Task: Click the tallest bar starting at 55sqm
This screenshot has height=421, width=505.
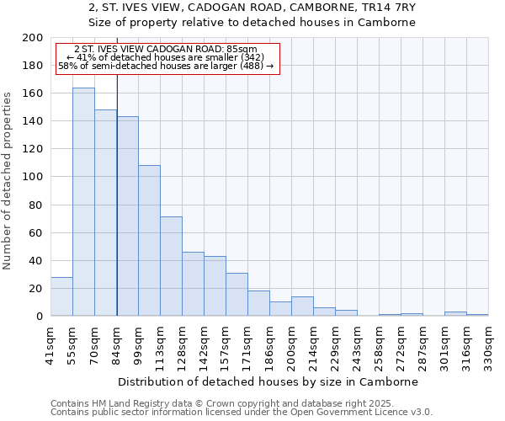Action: (83, 202)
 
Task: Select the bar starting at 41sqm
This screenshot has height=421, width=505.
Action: (61, 296)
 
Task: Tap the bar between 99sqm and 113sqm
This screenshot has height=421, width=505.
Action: (149, 241)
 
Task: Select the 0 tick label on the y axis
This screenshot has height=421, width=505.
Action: (39, 317)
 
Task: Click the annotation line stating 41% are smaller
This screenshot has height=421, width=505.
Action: (165, 57)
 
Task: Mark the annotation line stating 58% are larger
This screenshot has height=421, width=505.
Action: (165, 65)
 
